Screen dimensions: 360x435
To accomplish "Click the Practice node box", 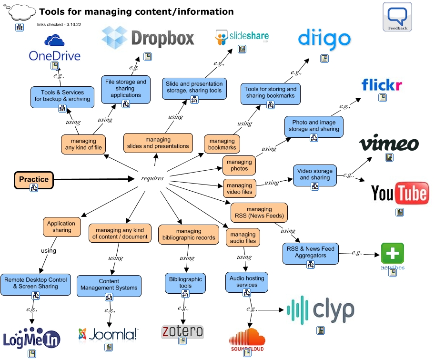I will click(x=33, y=180).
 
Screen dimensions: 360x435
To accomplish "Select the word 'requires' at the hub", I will click(x=152, y=178).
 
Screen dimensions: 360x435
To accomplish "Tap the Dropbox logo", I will click(x=148, y=38).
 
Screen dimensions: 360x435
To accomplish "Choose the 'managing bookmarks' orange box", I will click(x=222, y=144).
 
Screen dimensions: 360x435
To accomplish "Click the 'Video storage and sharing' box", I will click(x=314, y=175).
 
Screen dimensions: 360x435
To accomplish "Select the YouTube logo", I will click(x=400, y=193).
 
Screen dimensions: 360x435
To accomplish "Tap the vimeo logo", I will click(x=389, y=144).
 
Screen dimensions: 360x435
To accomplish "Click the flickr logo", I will click(x=382, y=85).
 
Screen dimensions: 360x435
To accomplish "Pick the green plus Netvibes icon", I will click(x=393, y=254).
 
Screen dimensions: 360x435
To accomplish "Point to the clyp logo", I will click(x=321, y=310).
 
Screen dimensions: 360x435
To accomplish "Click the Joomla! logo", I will click(x=108, y=334).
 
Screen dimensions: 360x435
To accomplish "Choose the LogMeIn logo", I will click(x=31, y=338).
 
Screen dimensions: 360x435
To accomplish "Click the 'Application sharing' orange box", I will click(x=61, y=226).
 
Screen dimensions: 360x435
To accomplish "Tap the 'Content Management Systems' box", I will click(x=109, y=285).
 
